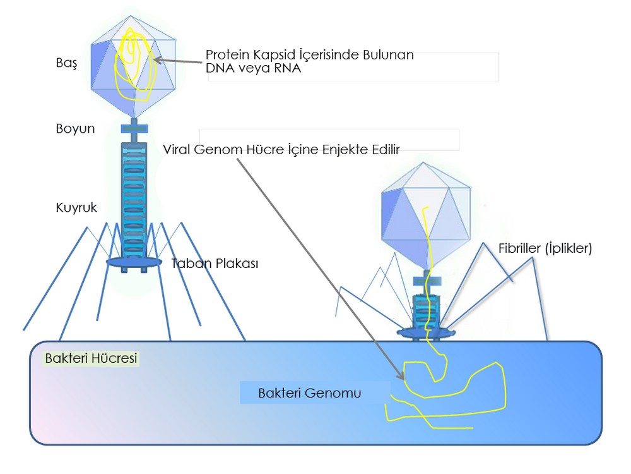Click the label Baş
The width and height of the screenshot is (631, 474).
[x=66, y=64]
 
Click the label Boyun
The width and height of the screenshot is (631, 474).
[x=75, y=129]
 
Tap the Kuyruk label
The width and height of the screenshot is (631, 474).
[x=76, y=207]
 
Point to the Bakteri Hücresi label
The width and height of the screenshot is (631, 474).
[x=91, y=358]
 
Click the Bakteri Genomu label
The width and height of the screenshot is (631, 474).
[x=309, y=393]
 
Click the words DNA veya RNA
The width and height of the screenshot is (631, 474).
[x=254, y=69]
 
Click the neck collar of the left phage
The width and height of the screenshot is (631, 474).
[x=134, y=129]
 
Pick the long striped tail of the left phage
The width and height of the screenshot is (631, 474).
[x=134, y=196]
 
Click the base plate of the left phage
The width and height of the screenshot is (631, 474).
[x=134, y=262]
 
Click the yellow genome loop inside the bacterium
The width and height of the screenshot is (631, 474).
[x=454, y=386]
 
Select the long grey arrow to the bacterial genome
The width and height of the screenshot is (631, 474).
[x=315, y=265]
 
